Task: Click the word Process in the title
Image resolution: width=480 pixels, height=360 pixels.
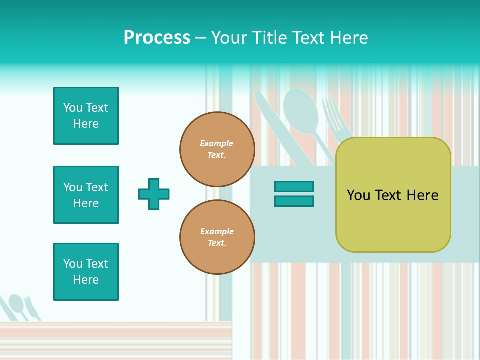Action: [x=157, y=38]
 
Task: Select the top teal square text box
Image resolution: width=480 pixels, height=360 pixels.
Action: [x=86, y=116]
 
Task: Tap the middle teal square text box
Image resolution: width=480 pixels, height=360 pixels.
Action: [x=86, y=195]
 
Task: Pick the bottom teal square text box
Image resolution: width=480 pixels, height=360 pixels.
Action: [x=86, y=272]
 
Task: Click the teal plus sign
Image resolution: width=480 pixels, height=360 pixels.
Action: [x=154, y=194]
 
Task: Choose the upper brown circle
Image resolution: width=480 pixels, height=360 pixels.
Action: [x=217, y=149]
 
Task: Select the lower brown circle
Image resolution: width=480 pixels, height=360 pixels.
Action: [x=217, y=237]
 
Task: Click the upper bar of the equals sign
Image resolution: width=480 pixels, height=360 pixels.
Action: [x=294, y=187]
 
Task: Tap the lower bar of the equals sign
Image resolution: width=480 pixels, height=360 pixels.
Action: [x=294, y=201]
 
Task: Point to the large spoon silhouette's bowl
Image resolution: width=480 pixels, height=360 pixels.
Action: [x=300, y=109]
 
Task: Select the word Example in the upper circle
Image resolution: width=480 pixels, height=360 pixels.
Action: [x=216, y=143]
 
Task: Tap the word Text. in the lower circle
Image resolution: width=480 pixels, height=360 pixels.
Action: [x=217, y=243]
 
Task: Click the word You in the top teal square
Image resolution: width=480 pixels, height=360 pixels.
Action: [x=73, y=108]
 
